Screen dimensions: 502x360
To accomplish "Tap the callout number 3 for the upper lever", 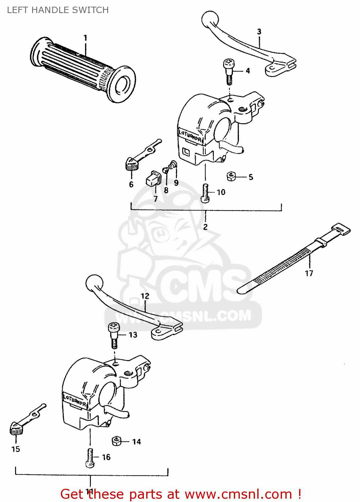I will [259, 31].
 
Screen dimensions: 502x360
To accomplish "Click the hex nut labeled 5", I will [231, 176].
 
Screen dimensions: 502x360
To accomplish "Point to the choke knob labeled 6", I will [131, 164].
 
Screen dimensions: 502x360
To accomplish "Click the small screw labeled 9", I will [173, 164].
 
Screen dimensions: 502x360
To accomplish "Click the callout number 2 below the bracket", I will [205, 227].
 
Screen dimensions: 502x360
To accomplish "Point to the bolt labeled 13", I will [114, 335].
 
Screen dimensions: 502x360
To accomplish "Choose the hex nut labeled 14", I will [116, 441].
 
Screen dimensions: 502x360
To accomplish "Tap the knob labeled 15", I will [16, 429].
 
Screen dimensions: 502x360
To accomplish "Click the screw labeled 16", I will [90, 458].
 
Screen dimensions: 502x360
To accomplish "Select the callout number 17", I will [309, 273].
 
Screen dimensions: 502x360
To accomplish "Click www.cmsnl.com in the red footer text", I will [238, 494].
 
